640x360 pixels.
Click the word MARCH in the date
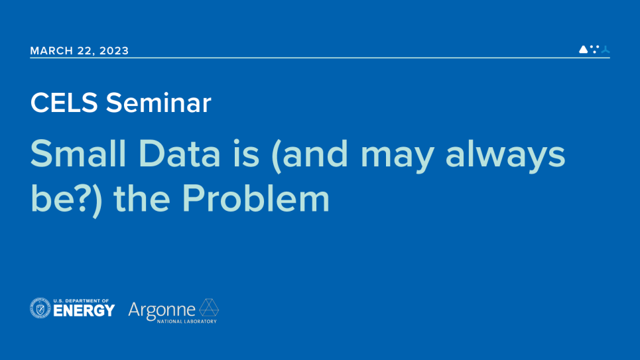tap(50, 51)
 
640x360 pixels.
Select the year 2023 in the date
tap(115, 51)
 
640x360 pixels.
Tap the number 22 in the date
tap(86, 51)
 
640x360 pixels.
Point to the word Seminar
tap(159, 103)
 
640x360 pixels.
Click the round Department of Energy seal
tap(40, 308)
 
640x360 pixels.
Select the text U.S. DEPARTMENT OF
tap(81, 300)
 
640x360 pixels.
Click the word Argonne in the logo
tap(162, 310)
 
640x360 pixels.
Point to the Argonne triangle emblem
tap(209, 308)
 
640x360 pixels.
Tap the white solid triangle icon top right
tap(583, 49)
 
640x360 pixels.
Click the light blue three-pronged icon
tap(605, 49)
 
